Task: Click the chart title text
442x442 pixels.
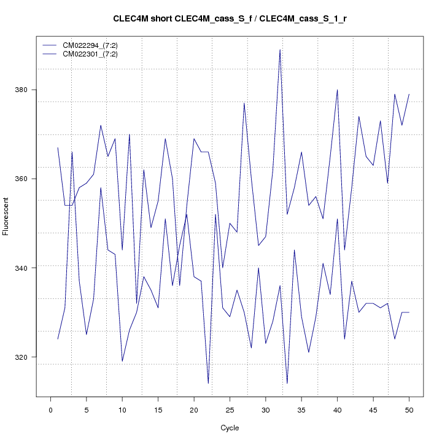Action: coord(230,18)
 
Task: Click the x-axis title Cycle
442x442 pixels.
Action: coord(230,428)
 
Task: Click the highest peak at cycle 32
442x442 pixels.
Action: coord(280,50)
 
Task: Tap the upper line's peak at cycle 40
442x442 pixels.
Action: coord(337,90)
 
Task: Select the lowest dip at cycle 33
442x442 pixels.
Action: coord(287,384)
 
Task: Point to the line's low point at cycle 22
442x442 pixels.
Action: coord(208,384)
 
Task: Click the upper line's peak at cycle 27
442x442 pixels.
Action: coord(244,103)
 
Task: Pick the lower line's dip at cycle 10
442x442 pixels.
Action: coord(122,361)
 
